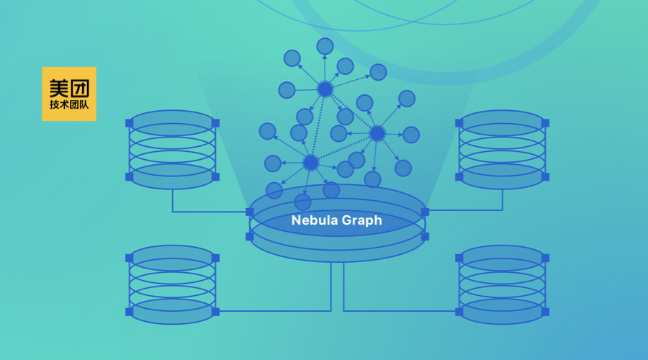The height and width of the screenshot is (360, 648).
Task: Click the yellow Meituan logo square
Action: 68,94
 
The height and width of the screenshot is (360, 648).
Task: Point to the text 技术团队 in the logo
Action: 68,105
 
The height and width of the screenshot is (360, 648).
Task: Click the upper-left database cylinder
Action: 172,149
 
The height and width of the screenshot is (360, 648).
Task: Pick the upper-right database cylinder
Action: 502,149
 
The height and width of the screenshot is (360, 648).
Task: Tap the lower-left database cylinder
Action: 172,284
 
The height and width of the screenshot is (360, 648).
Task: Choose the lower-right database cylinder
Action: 502,284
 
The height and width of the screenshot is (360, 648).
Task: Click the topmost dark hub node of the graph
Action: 325,89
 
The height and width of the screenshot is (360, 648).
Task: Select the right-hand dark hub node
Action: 377,133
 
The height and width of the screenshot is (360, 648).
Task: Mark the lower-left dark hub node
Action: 310,163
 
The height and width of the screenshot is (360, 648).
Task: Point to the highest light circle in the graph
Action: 325,46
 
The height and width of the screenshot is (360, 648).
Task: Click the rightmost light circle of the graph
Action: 411,135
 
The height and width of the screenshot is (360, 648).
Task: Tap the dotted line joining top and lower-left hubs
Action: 318,126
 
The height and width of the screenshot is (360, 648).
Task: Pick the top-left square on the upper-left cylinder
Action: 130,123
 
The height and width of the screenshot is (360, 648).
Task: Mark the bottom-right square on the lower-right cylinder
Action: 545,312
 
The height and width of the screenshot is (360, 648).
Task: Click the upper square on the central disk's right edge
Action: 425,212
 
